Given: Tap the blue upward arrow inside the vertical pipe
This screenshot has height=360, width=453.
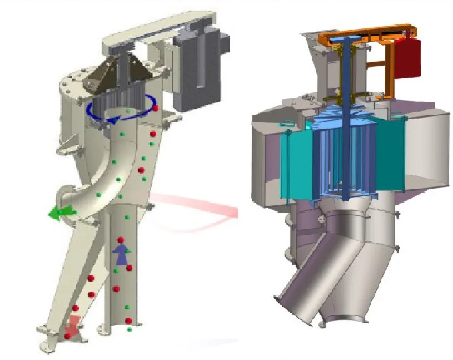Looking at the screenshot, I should tap(121, 254).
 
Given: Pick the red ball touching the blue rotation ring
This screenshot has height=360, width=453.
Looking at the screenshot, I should tap(156, 107).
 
